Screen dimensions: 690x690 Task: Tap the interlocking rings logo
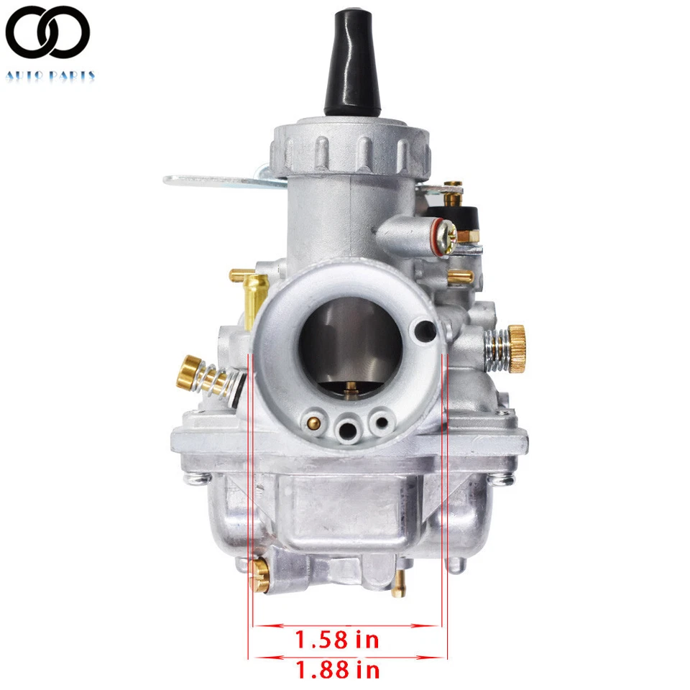pos(47,32)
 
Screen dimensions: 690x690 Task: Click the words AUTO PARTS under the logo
pos(50,75)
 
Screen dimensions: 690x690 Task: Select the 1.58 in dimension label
pos(337,638)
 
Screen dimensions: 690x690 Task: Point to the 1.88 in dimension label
pos(337,671)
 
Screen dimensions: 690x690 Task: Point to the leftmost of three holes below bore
pos(314,420)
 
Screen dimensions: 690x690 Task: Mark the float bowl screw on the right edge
pos(506,477)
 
